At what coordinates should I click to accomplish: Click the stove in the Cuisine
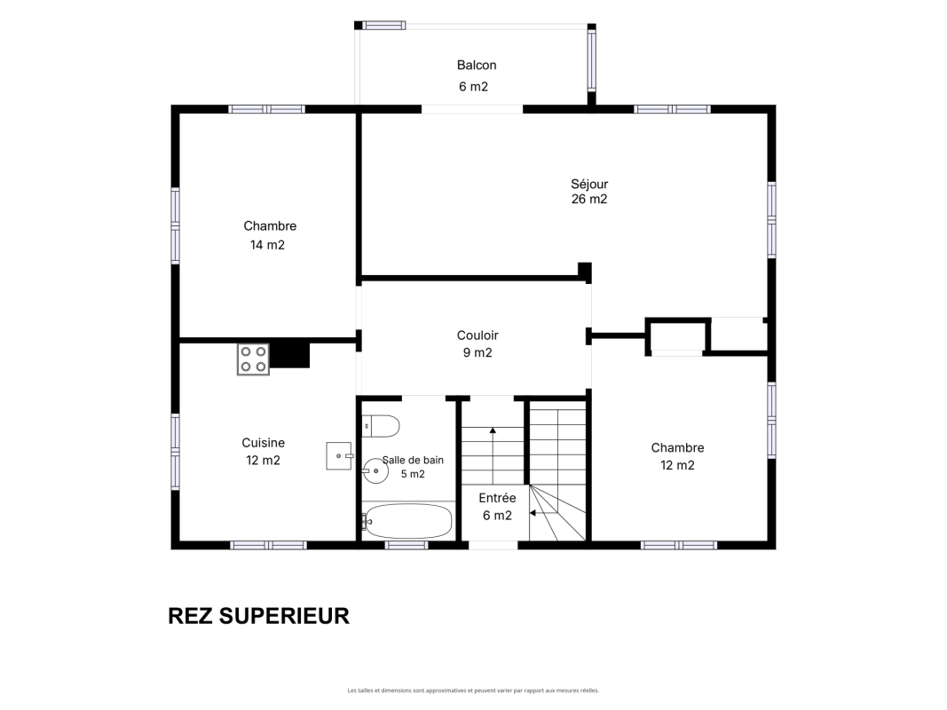253,359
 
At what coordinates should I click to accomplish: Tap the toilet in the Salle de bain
381,426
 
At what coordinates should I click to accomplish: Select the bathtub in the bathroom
408,520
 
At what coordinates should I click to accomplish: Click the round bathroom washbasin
375,470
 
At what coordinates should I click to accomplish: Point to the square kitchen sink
339,456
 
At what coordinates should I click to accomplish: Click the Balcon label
477,65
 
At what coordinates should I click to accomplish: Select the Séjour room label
589,184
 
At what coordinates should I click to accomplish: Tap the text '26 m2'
589,199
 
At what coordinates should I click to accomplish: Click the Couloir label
477,335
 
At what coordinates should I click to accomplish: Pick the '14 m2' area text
267,245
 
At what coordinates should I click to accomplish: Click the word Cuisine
264,443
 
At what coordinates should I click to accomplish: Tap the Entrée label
497,498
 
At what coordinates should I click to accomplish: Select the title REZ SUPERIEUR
258,616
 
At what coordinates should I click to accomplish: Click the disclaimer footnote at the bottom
474,690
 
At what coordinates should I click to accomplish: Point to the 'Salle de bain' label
414,460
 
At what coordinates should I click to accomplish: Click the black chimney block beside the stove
290,355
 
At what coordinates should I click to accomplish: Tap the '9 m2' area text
477,352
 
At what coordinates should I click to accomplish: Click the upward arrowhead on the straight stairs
493,430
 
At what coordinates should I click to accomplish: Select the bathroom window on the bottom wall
406,545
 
